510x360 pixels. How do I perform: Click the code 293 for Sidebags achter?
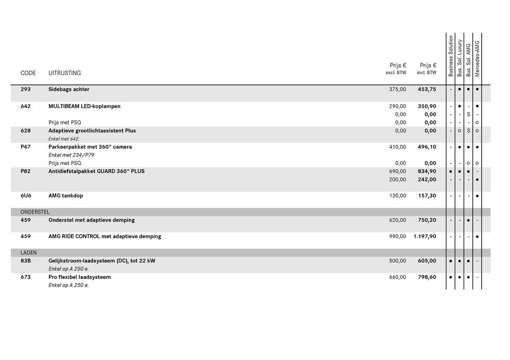25,89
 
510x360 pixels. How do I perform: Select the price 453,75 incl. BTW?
427,89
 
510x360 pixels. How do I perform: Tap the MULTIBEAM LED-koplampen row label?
84,106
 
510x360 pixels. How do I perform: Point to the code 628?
25,131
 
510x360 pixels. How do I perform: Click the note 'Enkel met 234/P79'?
71,155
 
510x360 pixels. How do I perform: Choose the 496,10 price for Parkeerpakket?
427,147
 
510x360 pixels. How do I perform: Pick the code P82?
25,171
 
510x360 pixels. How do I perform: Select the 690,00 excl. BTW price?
397,171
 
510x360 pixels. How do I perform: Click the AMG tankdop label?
65,195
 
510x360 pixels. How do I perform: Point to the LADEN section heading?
28,253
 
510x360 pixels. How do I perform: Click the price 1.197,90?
425,237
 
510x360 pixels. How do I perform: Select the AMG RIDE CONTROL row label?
104,237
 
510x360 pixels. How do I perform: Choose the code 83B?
26,261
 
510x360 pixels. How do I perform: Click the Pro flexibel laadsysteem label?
79,277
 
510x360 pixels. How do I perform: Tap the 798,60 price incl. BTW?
427,277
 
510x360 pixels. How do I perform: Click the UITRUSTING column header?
64,73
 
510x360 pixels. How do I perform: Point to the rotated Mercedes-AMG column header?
477,59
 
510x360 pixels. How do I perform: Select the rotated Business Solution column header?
451,56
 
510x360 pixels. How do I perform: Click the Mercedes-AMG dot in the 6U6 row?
477,196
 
